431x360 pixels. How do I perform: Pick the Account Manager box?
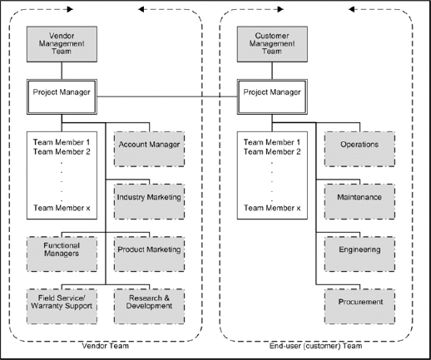[150, 145]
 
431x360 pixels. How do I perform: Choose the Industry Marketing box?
[150, 197]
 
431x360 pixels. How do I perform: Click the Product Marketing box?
[150, 249]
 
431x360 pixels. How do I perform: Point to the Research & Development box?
[150, 302]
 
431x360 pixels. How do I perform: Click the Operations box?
[360, 145]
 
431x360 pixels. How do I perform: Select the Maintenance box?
[360, 197]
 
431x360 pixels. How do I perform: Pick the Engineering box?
[360, 249]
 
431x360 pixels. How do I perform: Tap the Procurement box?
[360, 302]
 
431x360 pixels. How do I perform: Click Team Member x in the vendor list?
[60, 208]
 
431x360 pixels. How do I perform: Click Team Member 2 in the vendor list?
[60, 151]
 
